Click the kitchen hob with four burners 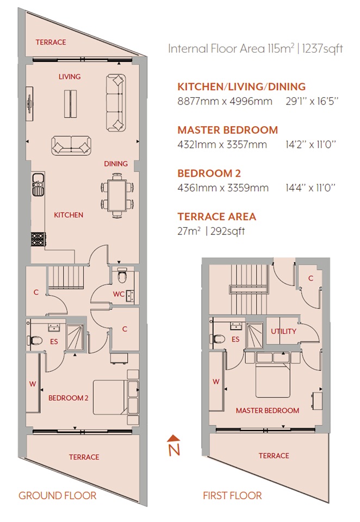pos(37,238)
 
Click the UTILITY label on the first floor pos(283,331)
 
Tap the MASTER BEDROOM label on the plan pos(267,411)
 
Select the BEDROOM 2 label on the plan pos(68,397)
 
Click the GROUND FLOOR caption pos(57,495)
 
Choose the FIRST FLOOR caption pos(232,495)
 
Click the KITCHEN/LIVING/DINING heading pos(241,86)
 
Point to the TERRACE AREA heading pos(216,216)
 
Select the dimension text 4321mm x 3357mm pos(222,145)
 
